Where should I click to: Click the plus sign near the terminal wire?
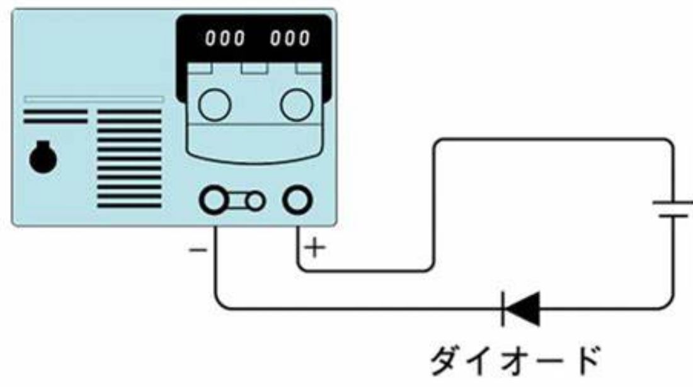click(315, 248)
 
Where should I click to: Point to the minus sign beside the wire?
click(197, 250)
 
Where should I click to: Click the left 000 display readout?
click(224, 39)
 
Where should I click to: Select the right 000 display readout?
click(290, 39)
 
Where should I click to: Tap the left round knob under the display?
click(215, 104)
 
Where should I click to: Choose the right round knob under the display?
click(297, 104)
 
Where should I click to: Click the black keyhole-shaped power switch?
click(43, 158)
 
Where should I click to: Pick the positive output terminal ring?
click(297, 201)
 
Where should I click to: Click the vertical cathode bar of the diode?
click(503, 308)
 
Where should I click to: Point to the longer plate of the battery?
click(672, 203)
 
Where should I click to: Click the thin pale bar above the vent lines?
click(94, 99)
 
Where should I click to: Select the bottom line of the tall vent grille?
click(129, 205)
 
